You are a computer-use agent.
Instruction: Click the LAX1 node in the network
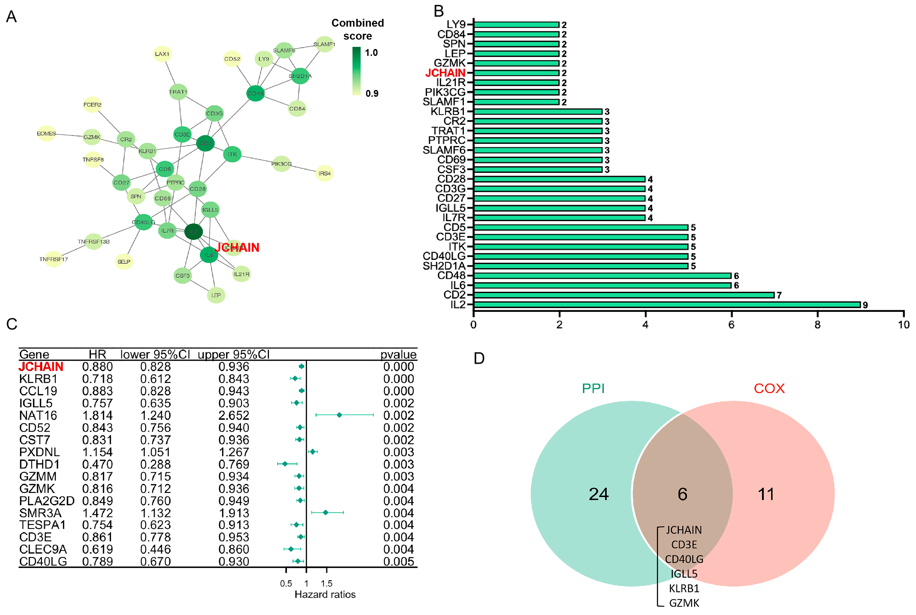(x=162, y=54)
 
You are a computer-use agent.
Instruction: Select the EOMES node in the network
(x=46, y=134)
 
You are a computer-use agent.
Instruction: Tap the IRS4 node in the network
(x=324, y=173)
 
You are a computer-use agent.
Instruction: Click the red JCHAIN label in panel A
(x=237, y=247)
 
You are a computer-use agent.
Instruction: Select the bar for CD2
(x=623, y=295)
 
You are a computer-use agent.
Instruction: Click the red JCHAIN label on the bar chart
(x=445, y=73)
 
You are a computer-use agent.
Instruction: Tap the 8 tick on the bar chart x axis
(x=817, y=325)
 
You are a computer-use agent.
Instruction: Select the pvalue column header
(x=398, y=354)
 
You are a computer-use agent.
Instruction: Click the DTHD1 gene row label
(x=39, y=464)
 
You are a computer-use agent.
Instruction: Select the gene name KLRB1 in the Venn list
(x=684, y=588)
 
